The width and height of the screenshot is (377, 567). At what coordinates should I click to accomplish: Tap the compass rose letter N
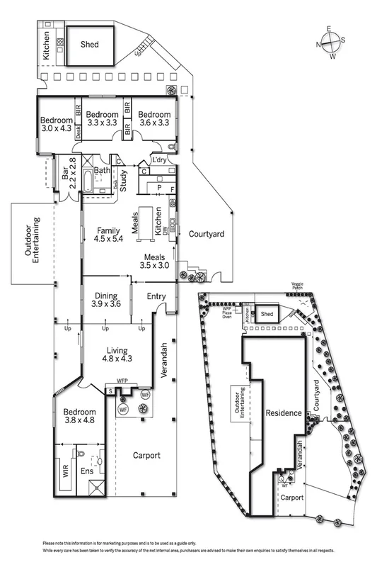319,45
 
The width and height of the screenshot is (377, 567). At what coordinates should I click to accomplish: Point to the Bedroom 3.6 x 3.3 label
153,118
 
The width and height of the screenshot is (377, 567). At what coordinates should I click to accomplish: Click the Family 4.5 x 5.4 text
108,235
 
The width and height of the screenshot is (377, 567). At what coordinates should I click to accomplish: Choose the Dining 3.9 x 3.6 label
107,300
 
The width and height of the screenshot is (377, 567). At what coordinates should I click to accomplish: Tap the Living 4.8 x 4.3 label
120,354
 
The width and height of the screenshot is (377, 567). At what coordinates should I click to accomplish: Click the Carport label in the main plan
146,455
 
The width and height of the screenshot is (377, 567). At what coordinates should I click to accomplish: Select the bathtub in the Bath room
88,181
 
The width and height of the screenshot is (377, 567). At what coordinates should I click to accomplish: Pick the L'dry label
159,160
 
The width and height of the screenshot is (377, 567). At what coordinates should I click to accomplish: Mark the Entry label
157,297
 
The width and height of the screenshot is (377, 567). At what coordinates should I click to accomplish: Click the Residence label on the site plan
284,413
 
